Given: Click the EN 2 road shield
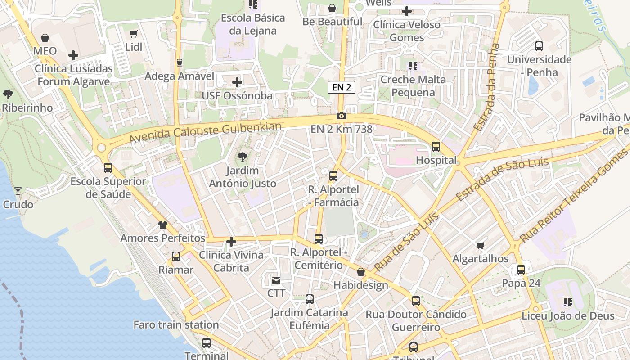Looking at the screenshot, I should (342, 87).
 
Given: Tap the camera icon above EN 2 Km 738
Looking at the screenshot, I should (342, 116).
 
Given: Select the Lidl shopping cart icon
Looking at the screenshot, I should (134, 34).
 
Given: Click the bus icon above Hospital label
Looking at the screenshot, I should (436, 146).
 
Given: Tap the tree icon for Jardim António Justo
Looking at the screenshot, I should (243, 157).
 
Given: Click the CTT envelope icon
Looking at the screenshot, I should (276, 280).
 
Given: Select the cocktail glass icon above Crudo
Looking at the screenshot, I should (18, 191).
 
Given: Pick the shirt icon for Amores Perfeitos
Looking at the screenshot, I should (162, 225).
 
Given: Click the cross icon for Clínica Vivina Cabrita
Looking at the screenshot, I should (231, 242).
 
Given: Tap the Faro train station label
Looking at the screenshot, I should (176, 324).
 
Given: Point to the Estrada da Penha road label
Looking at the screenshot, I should (487, 87).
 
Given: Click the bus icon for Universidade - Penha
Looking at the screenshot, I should (539, 46).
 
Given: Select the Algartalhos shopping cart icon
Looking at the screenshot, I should (481, 245).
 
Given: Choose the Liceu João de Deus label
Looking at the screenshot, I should (568, 316).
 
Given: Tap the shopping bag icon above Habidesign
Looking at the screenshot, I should (361, 272).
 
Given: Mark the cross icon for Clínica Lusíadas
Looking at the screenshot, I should (73, 56).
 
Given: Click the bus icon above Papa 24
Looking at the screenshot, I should (521, 270).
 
